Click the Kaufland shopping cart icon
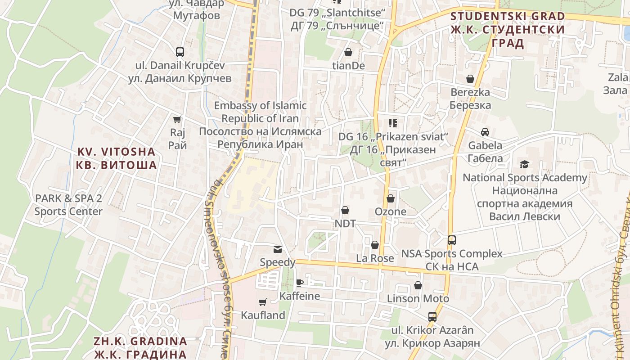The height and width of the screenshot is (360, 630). tap(263, 302)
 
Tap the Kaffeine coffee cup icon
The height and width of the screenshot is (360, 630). tap(299, 283)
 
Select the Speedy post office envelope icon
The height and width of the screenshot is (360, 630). tap(278, 249)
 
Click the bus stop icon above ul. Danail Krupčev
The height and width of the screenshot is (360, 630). tap(180, 52)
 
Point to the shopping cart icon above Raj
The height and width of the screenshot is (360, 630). tap(177, 119)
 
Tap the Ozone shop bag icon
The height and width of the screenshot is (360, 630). tap(390, 198)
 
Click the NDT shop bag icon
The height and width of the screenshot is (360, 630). tap(345, 210)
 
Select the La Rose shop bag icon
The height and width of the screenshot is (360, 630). tap(374, 245)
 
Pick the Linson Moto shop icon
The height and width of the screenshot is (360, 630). tap(418, 285)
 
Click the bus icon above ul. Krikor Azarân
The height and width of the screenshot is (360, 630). tap(432, 316)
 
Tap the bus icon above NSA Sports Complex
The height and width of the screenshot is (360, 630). tap(451, 240)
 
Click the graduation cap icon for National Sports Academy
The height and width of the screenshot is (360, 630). tap(524, 164)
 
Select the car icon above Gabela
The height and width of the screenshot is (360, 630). tap(485, 132)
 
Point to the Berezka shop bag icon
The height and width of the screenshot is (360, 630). tap(470, 79)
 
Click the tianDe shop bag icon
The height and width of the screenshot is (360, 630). tap(348, 53)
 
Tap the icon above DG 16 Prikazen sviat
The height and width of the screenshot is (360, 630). tap(392, 123)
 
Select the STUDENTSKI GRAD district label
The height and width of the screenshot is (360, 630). tap(508, 29)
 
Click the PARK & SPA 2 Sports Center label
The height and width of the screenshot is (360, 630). tap(68, 205)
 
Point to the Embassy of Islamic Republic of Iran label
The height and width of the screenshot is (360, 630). tap(260, 125)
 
